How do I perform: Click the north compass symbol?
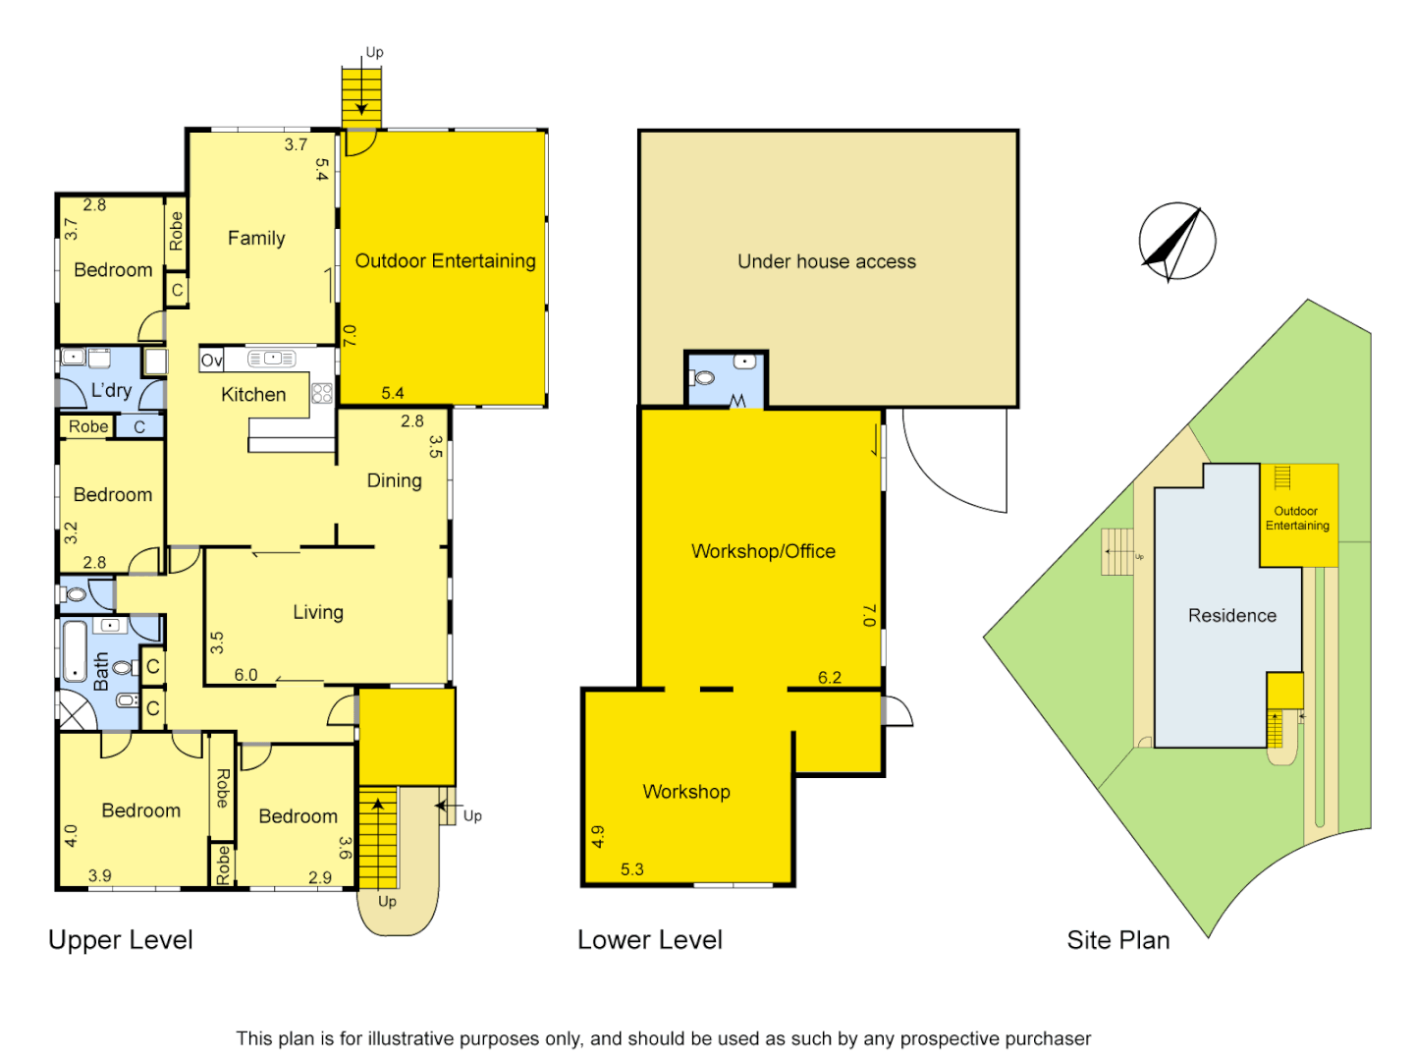coord(1176,242)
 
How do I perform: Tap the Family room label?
coord(256,239)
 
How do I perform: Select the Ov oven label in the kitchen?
coord(211,361)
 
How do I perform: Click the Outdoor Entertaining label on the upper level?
coord(445,261)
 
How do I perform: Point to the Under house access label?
coord(827,262)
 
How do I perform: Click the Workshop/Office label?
coord(763,551)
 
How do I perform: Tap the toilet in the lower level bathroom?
coord(704,377)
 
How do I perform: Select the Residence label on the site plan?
coord(1231,616)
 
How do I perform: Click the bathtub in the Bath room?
coord(75,650)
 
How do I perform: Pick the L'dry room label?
coord(111,391)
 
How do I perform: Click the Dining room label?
coord(394,480)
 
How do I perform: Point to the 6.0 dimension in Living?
coord(245,675)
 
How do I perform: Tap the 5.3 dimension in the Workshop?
coord(631,869)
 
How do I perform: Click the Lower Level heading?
coord(649,940)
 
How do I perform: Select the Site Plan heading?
coord(1117,940)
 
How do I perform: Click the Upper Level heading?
coord(120,940)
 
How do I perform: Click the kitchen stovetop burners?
coord(322,394)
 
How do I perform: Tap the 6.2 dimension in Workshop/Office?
coord(829,678)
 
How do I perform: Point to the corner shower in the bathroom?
coord(75,710)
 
